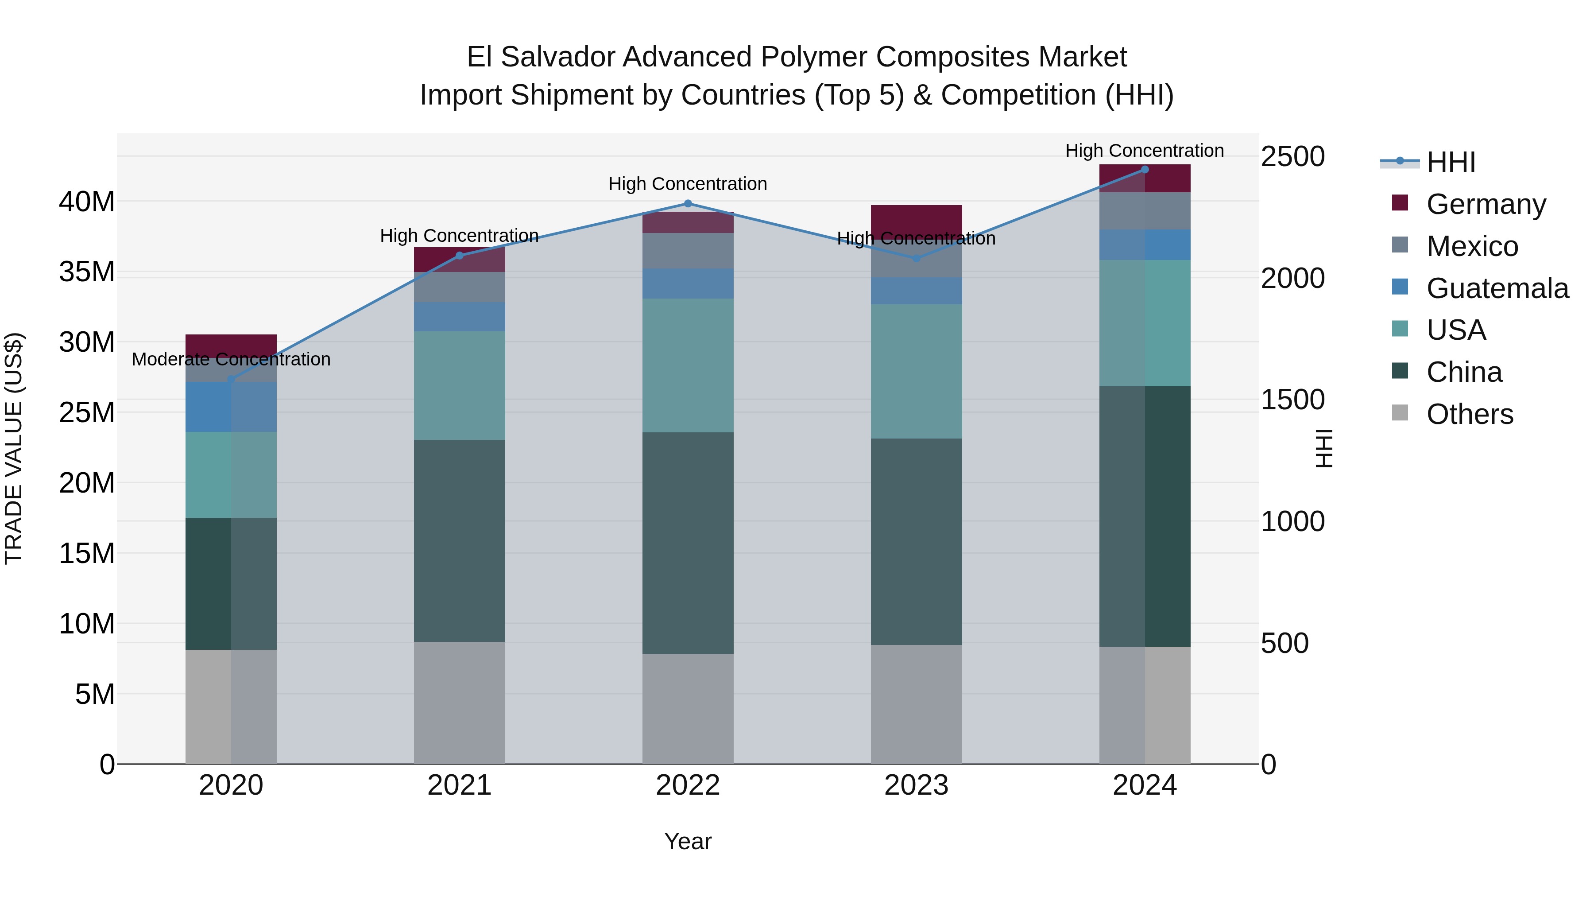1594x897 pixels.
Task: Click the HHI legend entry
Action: [1451, 162]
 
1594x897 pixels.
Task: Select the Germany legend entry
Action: [1486, 204]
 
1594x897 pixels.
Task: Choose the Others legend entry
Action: [1470, 414]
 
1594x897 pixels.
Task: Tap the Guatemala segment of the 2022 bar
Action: [688, 283]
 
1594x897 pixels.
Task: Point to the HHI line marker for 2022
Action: [688, 204]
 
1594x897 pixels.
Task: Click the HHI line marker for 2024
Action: [1144, 170]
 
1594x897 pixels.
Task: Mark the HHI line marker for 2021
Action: [459, 256]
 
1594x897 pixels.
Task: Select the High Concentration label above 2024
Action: [1144, 151]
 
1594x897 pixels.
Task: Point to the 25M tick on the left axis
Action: [87, 412]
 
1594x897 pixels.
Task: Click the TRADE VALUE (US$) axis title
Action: [14, 448]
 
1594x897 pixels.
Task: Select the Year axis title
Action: [688, 841]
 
